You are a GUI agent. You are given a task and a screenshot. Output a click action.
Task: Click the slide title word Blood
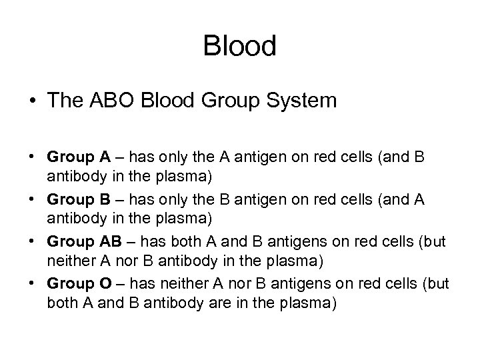239,47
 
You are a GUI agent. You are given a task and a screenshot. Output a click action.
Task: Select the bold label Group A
79,157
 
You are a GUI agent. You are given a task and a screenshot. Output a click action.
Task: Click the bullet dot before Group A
33,158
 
